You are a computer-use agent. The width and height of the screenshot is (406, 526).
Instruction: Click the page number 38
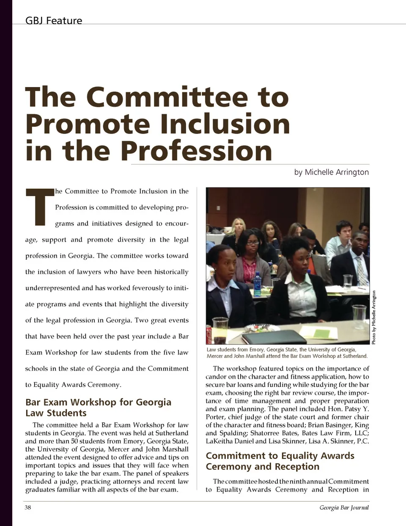[x=27, y=507]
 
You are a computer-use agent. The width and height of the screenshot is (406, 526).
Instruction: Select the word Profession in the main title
[x=197, y=151]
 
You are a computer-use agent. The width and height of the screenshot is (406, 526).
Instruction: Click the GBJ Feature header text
[x=54, y=21]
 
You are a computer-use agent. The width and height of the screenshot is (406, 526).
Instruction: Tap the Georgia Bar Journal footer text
[x=344, y=507]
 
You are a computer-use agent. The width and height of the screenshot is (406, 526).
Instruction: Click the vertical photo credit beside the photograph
[x=374, y=317]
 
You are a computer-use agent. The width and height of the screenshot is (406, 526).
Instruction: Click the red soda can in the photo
[x=209, y=334]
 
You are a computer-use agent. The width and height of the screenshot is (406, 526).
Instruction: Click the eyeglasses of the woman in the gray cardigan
[x=252, y=243]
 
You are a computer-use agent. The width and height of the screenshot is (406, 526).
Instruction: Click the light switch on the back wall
[x=218, y=208]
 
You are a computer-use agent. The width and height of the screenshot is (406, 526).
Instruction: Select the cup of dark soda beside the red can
[x=220, y=331]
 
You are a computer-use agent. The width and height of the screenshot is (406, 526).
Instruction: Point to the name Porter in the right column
[x=216, y=417]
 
